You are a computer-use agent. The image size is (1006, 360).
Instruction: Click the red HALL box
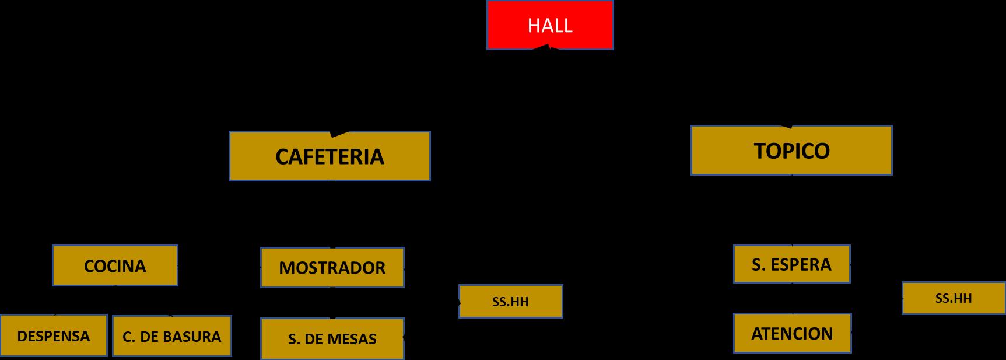coord(550,25)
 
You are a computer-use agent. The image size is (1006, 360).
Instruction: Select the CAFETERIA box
coord(330,156)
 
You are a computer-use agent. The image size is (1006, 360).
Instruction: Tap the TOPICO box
coord(791,151)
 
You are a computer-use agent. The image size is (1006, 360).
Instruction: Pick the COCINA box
coord(115,266)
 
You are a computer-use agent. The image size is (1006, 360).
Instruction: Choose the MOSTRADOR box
coord(332,268)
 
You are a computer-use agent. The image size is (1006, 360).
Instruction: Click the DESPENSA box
coord(54,336)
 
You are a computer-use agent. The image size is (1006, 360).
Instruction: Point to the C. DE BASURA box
coord(172,337)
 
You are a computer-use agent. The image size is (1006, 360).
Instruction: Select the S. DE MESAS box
coord(332,339)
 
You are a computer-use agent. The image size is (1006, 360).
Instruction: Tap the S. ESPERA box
coord(791,265)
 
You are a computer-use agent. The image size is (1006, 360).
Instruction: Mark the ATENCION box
coord(792,334)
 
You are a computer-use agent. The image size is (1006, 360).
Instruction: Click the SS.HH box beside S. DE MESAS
coord(510,302)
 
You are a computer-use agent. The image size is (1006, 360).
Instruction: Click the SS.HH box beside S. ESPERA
coord(954,298)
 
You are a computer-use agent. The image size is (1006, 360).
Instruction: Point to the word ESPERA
coord(802,265)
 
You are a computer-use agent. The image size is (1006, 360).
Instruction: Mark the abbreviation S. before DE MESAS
coord(293,339)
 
